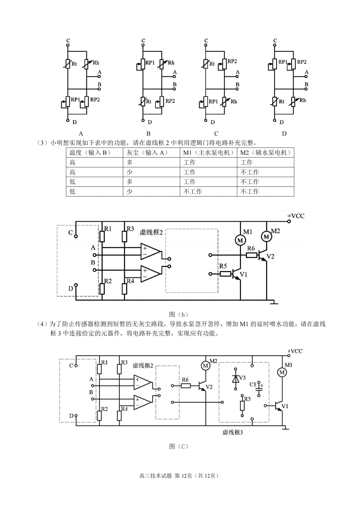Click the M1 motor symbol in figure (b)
[240, 240]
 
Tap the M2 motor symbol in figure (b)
[266, 237]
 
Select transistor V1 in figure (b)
[236, 274]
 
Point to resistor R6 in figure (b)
[251, 255]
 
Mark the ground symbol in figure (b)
[274, 302]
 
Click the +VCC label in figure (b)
[295, 216]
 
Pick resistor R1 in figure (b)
[102, 237]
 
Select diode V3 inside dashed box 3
[235, 379]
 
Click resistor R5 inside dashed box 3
[242, 406]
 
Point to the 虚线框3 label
[232, 432]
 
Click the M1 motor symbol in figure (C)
[282, 372]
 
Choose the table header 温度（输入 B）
[90, 153]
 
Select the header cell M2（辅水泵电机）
[265, 153]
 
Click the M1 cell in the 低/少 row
[193, 191]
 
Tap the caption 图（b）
[178, 314]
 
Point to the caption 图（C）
[178, 447]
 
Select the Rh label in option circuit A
[96, 63]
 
